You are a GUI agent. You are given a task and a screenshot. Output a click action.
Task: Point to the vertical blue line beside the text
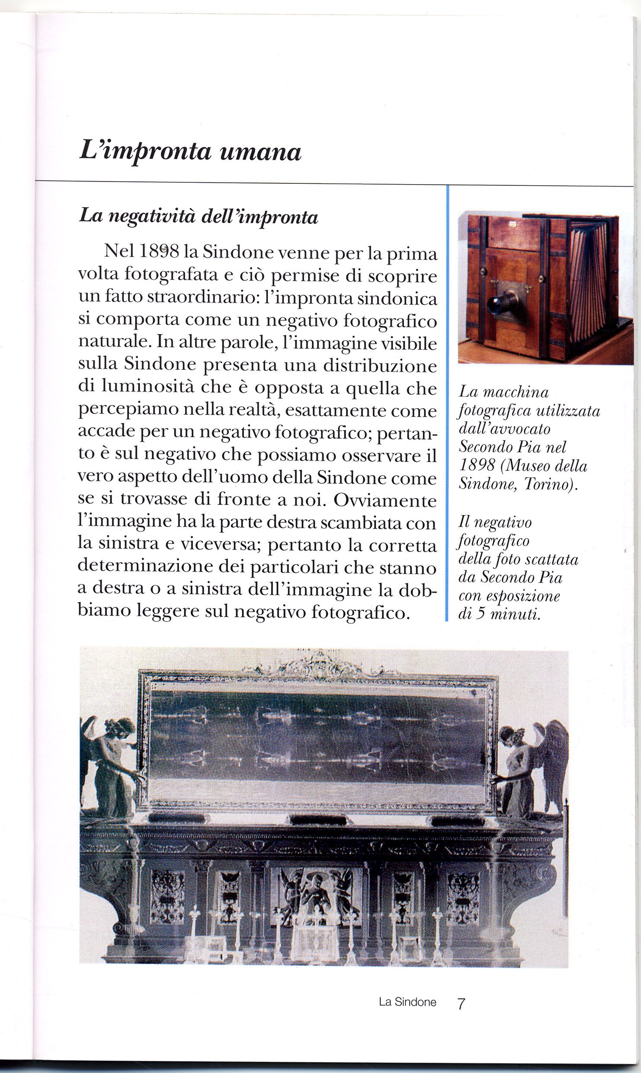[x=447, y=402]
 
